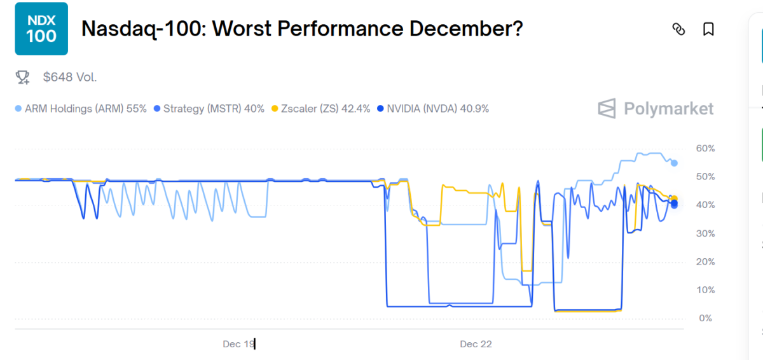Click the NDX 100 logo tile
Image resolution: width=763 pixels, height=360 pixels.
tap(41, 29)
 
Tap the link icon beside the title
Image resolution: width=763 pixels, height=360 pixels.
tap(678, 29)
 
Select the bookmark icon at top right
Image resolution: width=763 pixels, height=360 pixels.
tap(708, 29)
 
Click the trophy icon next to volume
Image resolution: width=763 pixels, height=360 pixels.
tap(23, 78)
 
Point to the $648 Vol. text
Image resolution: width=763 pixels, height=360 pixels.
tap(70, 78)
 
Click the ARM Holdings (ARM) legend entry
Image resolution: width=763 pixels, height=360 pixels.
tap(81, 109)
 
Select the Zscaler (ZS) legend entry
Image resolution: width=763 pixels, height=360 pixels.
tap(321, 109)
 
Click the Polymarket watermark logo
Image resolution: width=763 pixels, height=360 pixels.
tap(656, 109)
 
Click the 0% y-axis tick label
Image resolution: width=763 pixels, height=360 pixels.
tap(705, 318)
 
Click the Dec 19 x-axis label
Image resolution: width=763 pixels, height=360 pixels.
tap(238, 344)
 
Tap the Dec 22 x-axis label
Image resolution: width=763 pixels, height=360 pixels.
tap(476, 344)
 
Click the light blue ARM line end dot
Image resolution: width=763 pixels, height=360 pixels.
tap(674, 163)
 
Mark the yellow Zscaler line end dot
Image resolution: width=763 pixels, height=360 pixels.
tap(675, 198)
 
